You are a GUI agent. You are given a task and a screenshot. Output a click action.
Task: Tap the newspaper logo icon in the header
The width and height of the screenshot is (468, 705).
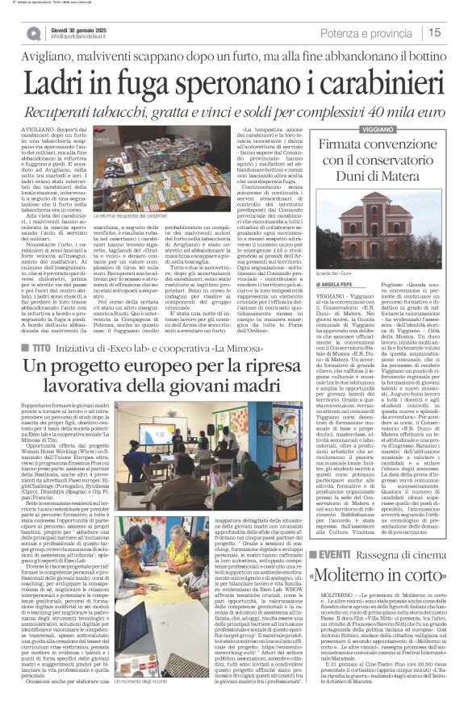(33, 33)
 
